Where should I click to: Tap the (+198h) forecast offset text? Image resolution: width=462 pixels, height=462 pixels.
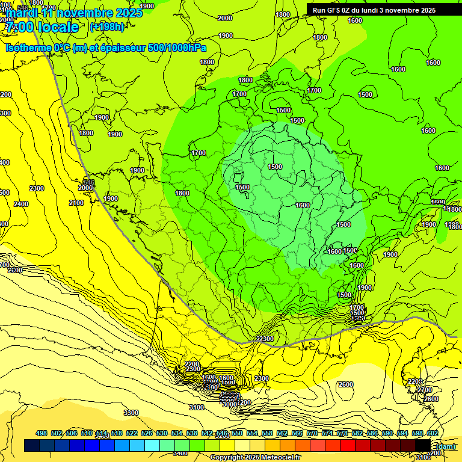coord(106,26)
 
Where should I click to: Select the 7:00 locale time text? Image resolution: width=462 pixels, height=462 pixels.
coord(42,27)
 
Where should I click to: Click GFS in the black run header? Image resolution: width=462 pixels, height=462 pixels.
coord(334,10)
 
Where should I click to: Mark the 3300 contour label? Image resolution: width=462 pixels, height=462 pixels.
coord(131,413)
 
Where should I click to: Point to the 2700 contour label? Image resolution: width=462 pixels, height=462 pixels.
coord(425,390)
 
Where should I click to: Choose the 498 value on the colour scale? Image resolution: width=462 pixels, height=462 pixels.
coord(42,433)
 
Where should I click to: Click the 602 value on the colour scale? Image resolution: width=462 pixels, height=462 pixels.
coord(432,433)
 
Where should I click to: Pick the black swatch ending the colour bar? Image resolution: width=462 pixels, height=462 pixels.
coord(423,445)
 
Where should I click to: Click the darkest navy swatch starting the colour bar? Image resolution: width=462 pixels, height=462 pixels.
coord(32,445)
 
